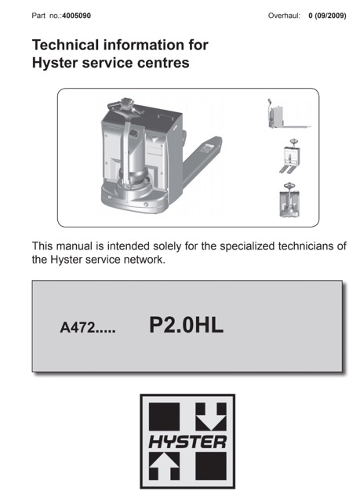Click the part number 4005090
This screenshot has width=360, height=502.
[76, 16]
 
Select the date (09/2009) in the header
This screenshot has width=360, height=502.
[330, 16]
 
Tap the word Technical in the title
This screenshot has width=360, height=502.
[65, 45]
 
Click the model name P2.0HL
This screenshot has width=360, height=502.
[186, 326]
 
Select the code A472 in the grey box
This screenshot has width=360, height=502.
[78, 328]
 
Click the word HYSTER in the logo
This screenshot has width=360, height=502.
[187, 442]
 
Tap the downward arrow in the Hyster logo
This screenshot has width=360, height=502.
[211, 417]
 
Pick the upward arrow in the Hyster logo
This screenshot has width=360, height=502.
[164, 466]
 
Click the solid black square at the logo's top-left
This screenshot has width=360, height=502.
[164, 417]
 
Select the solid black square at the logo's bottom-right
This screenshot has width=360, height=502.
[211, 466]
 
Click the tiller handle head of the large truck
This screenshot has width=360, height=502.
[125, 104]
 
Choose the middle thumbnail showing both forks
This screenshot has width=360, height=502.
[289, 157]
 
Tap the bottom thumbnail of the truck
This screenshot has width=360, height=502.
[289, 200]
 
